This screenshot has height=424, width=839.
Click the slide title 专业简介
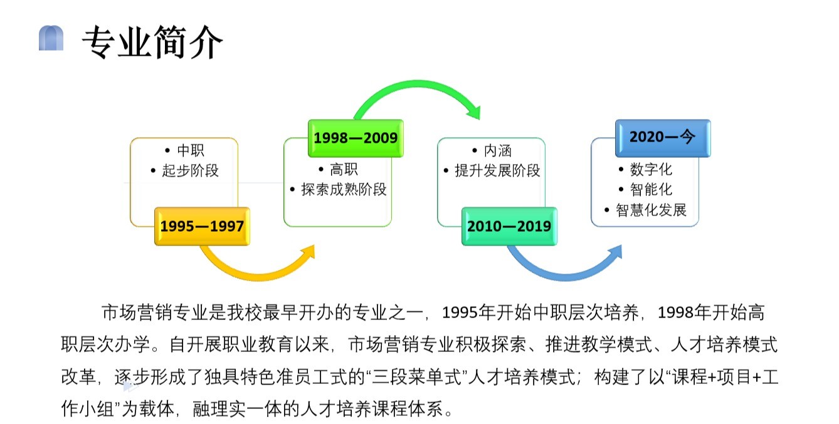click(x=152, y=42)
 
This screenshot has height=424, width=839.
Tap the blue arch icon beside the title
click(x=51, y=38)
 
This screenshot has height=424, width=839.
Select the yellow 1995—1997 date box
click(x=203, y=226)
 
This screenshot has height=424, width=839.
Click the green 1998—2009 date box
click(x=356, y=138)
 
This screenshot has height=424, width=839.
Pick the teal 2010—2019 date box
click(x=509, y=226)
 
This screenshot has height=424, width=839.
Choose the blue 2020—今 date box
click(x=663, y=138)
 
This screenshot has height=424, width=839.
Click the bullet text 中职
click(x=191, y=150)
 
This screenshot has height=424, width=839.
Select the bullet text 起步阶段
click(x=190, y=170)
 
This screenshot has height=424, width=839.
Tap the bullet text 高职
click(x=344, y=170)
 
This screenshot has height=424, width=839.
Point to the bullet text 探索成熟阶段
click(x=344, y=189)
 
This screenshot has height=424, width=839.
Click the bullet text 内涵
click(x=498, y=151)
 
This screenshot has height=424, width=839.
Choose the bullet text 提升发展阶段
click(x=497, y=170)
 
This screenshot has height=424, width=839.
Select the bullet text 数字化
click(x=651, y=170)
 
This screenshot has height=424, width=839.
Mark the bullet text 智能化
click(x=651, y=189)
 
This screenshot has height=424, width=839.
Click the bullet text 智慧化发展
click(x=651, y=210)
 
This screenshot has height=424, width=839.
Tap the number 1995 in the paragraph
click(x=460, y=313)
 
